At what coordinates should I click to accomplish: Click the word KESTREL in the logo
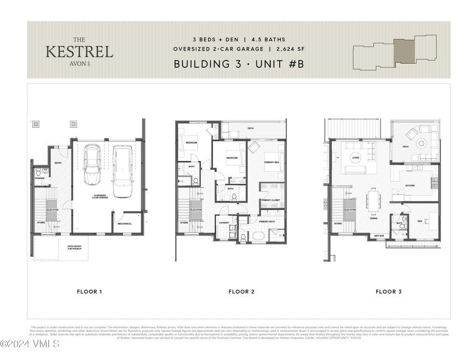[79, 52]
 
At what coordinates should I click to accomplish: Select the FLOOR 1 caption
[89, 291]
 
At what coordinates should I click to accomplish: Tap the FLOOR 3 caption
[389, 291]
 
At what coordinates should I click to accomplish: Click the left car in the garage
[92, 165]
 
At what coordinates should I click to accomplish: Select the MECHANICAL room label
[125, 224]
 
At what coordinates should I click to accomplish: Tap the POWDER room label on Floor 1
[39, 178]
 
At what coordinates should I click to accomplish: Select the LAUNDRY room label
[224, 223]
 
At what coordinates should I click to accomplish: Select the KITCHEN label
[410, 185]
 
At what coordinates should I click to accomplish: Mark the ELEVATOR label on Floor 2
[196, 210]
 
